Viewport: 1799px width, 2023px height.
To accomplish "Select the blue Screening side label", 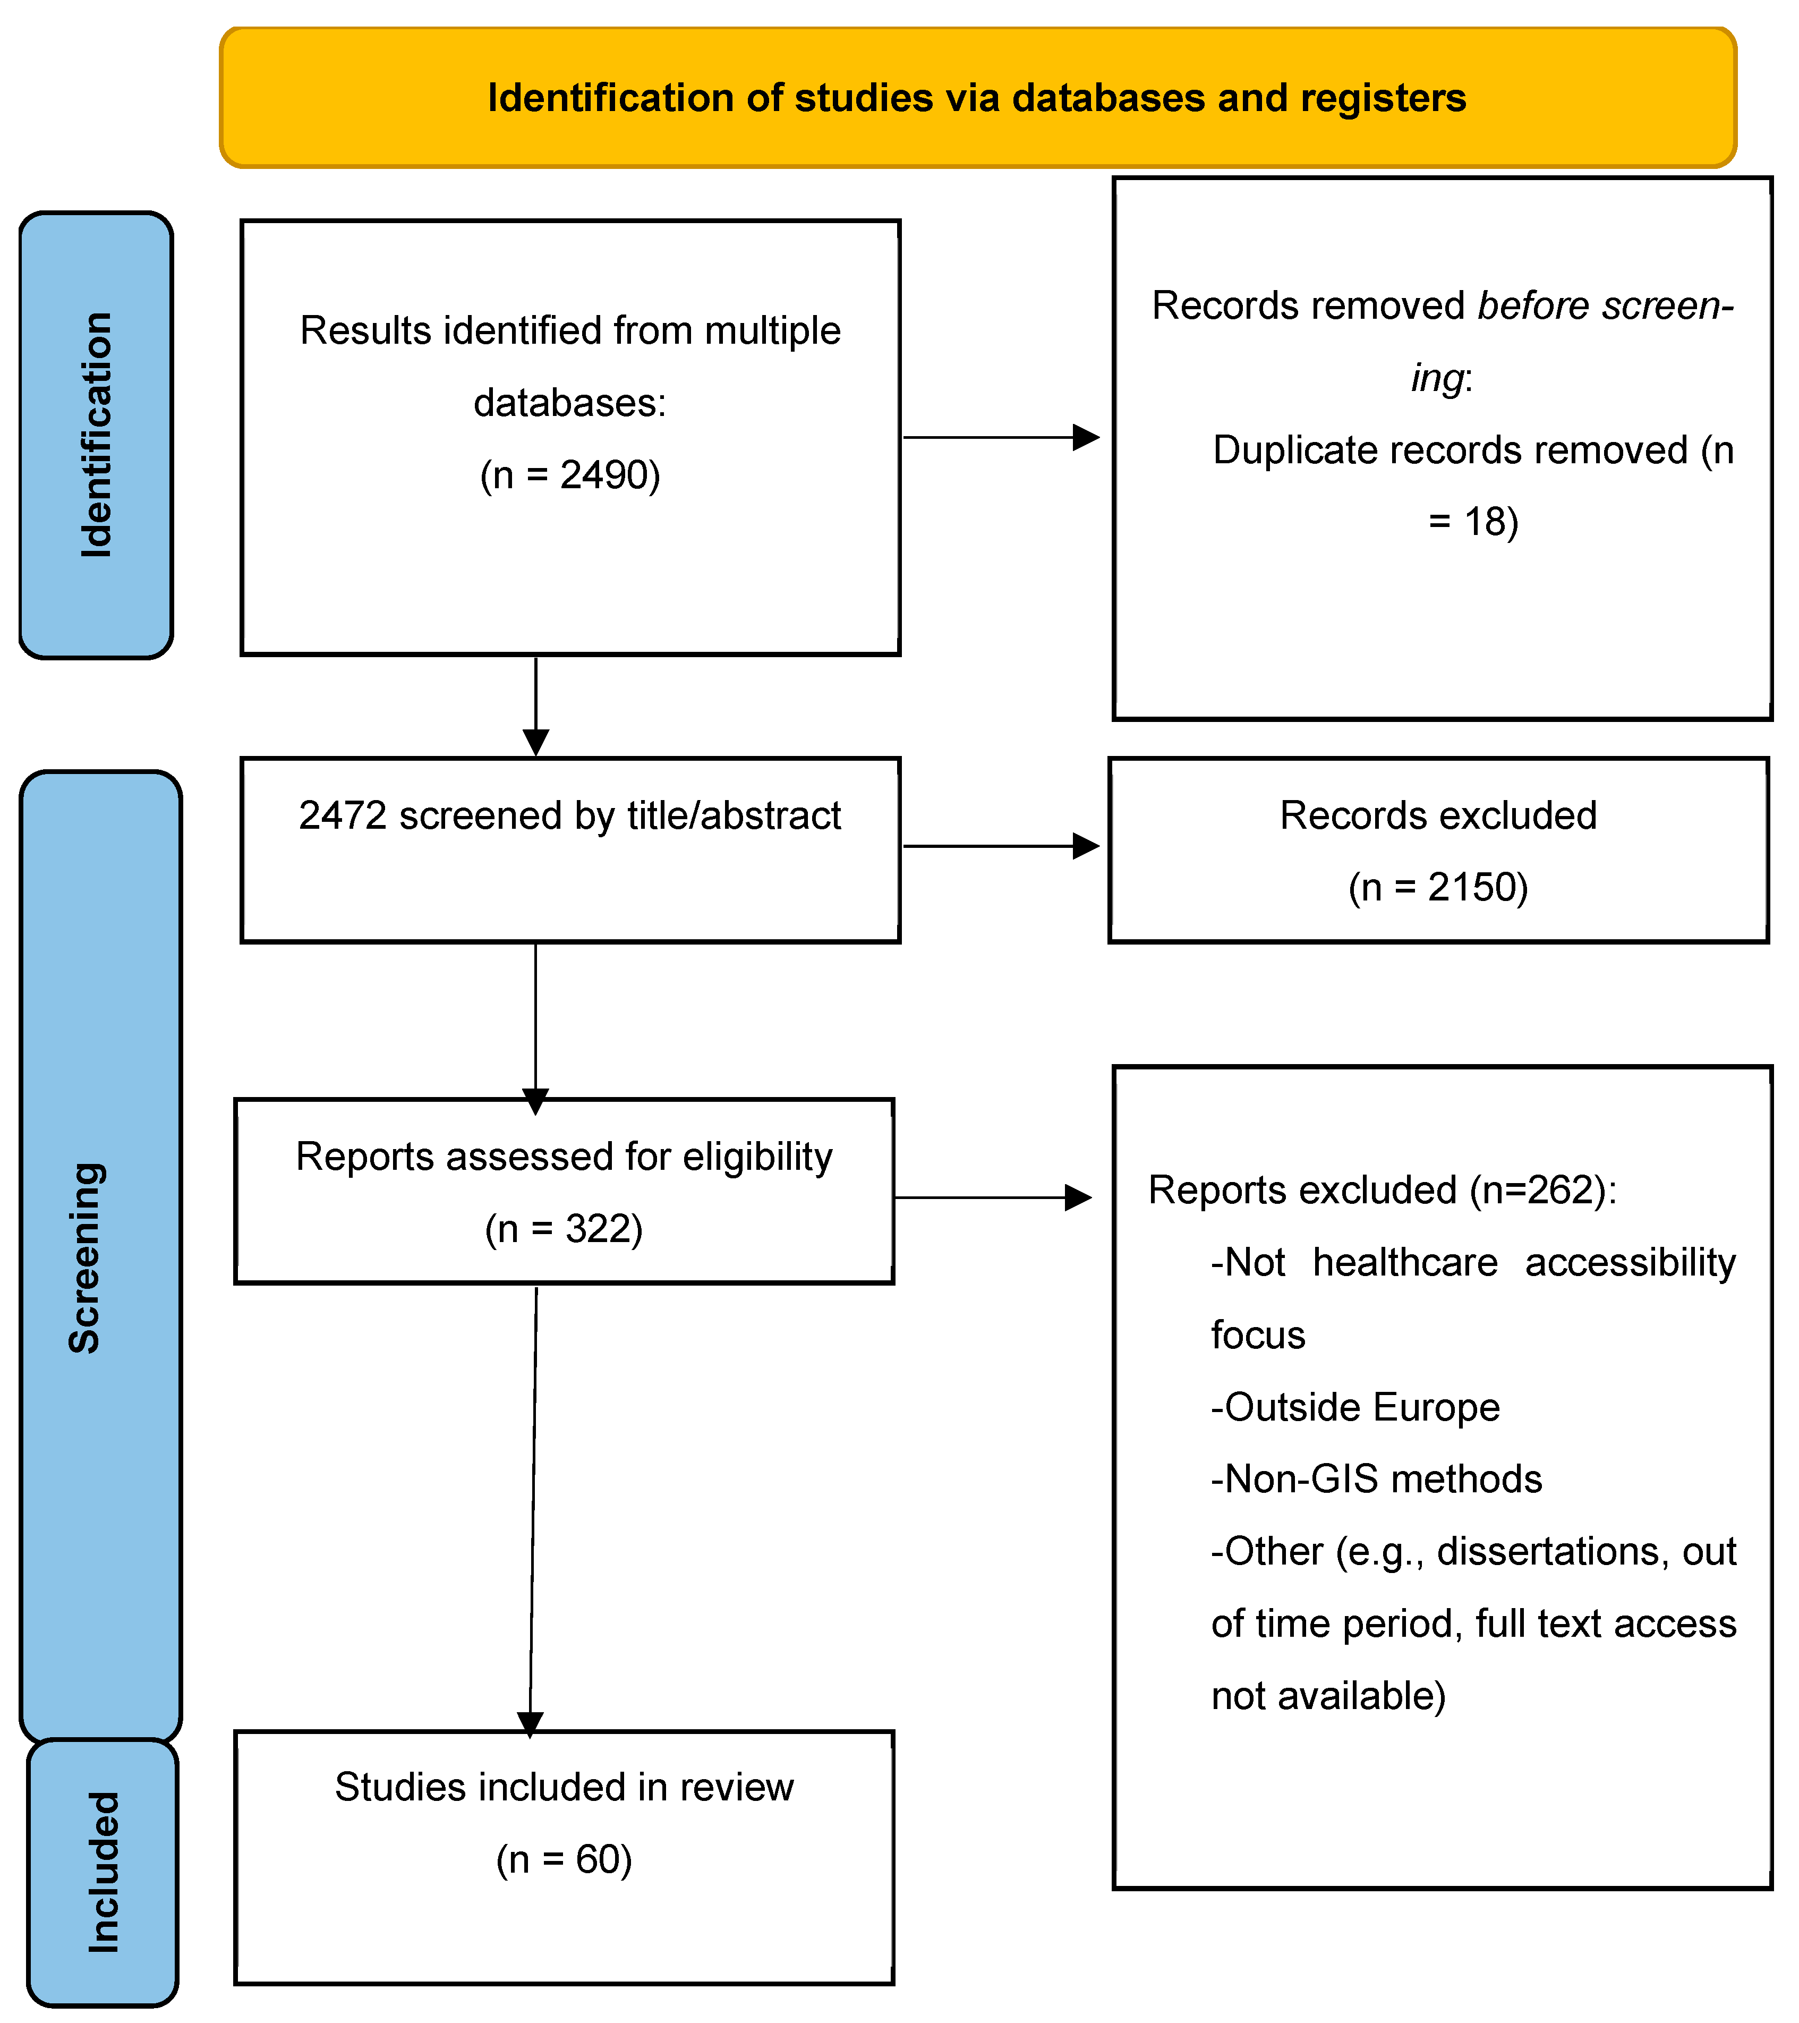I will pos(85,1257).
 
